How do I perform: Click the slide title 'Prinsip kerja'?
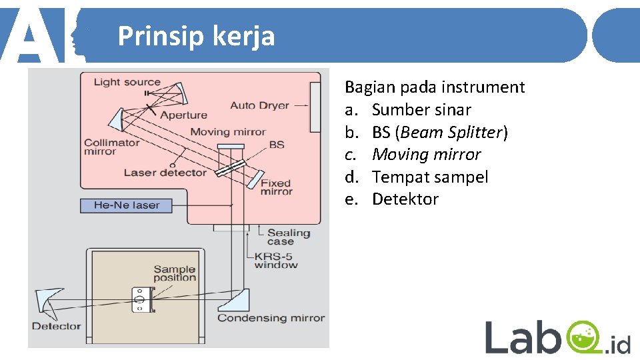[196, 36]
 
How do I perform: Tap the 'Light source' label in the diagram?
[127, 82]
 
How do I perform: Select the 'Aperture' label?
[183, 115]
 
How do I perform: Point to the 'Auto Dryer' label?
[259, 105]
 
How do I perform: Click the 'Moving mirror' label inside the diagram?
[227, 131]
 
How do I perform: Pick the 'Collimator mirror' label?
[112, 147]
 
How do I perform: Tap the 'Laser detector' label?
[165, 173]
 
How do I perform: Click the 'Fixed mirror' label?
[276, 187]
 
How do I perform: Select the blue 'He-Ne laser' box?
[126, 205]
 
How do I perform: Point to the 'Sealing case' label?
[289, 237]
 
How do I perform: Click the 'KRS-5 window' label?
[275, 260]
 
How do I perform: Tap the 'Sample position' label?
[175, 273]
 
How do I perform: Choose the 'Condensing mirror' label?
[271, 318]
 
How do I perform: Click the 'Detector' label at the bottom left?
[56, 326]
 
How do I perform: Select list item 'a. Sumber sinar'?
[408, 109]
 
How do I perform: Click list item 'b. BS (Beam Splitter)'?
[426, 132]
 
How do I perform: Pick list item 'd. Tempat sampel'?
[417, 177]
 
